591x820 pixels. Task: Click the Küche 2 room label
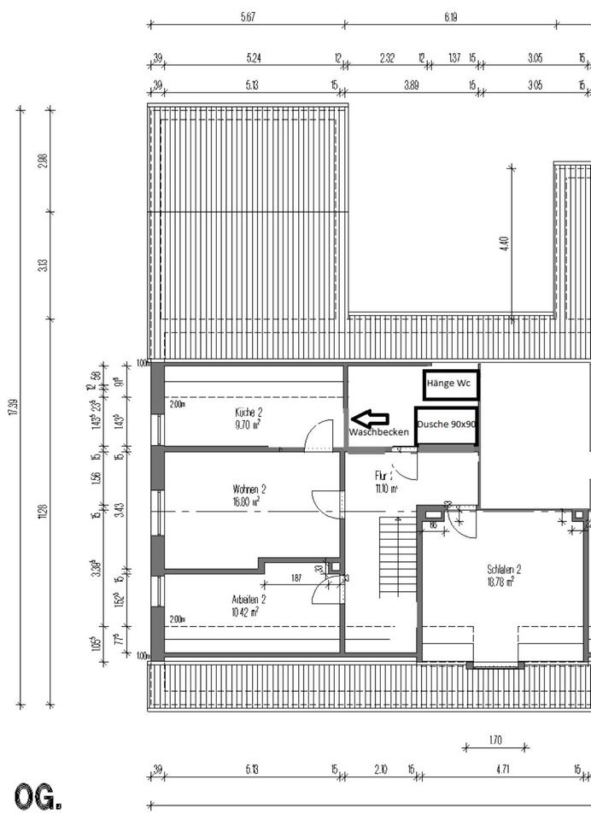(249, 411)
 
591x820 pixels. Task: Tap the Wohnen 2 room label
(249, 489)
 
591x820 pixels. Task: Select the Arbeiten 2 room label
(249, 599)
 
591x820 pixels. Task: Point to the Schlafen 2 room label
(504, 569)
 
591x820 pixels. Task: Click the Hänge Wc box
(451, 384)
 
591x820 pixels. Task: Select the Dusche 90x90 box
(446, 425)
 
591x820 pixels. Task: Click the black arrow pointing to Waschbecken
(371, 419)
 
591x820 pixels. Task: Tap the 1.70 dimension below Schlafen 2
(495, 740)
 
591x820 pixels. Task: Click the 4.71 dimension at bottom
(502, 770)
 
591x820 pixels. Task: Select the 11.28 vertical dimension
(42, 512)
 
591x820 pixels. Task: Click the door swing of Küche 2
(319, 436)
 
